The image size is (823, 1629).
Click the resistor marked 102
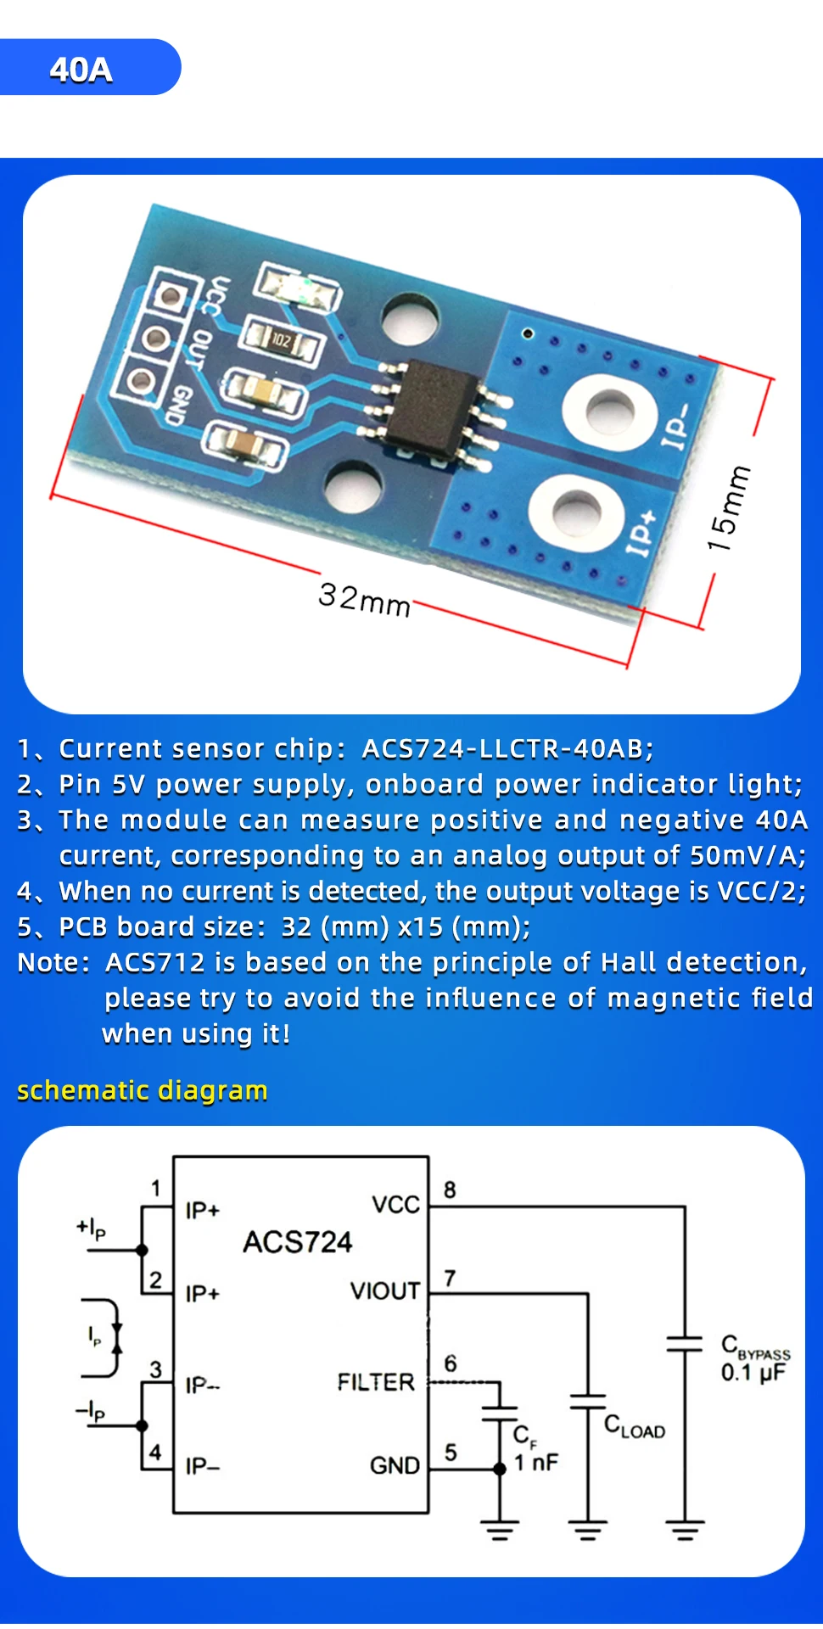pos(281,341)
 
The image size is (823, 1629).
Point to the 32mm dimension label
pos(365,599)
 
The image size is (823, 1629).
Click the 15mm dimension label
pos(730,508)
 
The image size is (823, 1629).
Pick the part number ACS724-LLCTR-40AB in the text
pos(507,749)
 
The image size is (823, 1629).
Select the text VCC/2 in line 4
pos(761,892)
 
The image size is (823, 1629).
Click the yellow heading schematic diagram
pos(143,1090)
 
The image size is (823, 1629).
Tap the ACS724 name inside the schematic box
pos(297,1242)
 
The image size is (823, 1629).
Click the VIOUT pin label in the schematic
pos(385,1291)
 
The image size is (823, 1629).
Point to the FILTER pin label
pos(377,1383)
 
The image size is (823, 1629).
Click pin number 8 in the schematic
pos(450,1190)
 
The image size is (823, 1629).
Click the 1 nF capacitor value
pos(536,1462)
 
